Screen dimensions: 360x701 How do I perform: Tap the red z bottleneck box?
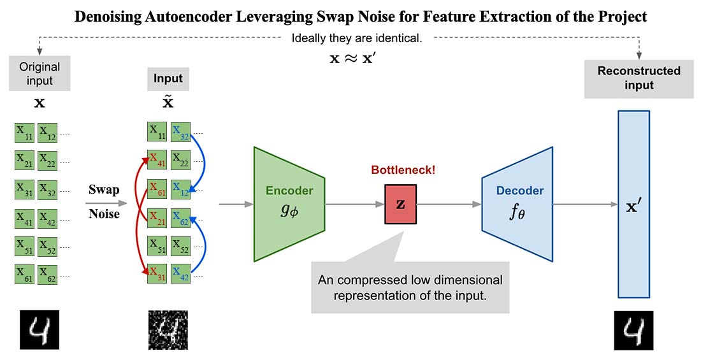[400, 205]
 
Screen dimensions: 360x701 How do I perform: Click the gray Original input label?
[40, 74]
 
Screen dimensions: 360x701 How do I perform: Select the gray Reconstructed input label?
[639, 78]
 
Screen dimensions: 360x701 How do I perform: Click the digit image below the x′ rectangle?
[633, 330]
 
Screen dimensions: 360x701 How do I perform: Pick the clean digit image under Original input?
[39, 330]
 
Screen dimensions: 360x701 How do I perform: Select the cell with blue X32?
[181, 132]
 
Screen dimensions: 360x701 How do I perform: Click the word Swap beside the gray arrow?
[103, 190]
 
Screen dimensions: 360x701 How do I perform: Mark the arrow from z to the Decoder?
[449, 205]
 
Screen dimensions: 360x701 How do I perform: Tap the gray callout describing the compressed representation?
[410, 287]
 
